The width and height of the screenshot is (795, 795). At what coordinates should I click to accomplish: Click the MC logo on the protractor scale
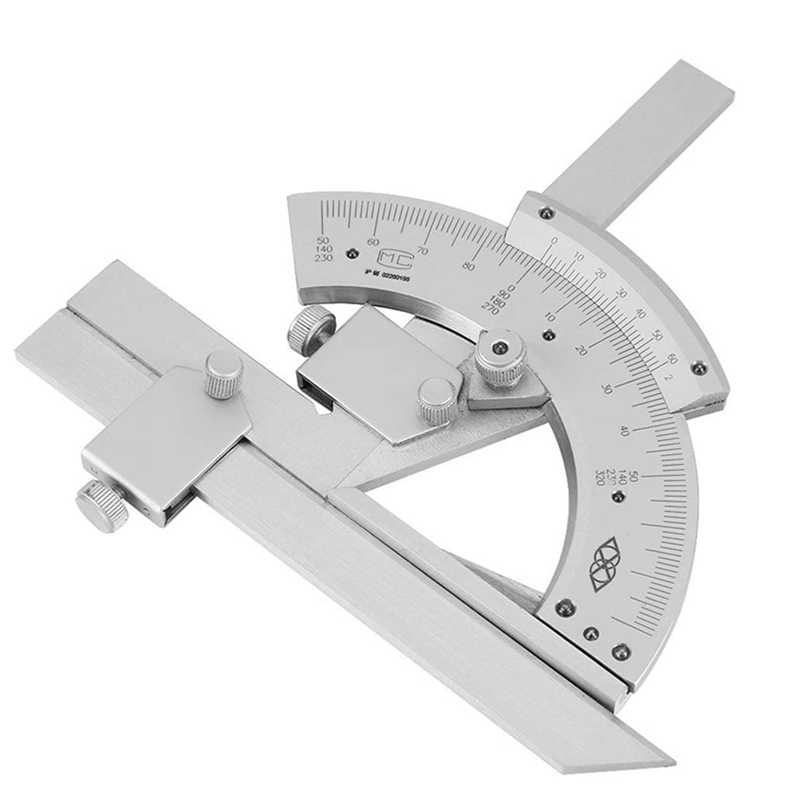tap(391, 257)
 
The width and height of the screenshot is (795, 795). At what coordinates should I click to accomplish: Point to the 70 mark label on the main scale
tap(422, 250)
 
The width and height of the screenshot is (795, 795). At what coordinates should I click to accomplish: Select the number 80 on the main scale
tap(468, 266)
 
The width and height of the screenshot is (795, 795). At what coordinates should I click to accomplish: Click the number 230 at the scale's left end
tap(322, 259)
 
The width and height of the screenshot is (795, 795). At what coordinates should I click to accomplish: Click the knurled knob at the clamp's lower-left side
tap(101, 505)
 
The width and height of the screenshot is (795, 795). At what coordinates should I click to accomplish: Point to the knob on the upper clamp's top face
tap(436, 399)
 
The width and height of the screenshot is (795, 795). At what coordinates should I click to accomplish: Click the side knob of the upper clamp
tap(311, 328)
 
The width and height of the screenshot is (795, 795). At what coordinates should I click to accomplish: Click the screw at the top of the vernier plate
tap(547, 212)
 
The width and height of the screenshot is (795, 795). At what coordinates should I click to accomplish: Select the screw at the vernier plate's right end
tap(699, 368)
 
